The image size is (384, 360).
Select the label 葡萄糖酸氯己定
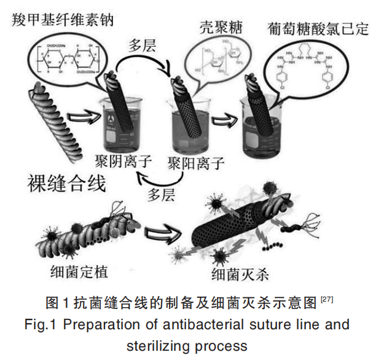318,28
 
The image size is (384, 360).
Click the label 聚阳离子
195,163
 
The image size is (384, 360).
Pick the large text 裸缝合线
67,184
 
